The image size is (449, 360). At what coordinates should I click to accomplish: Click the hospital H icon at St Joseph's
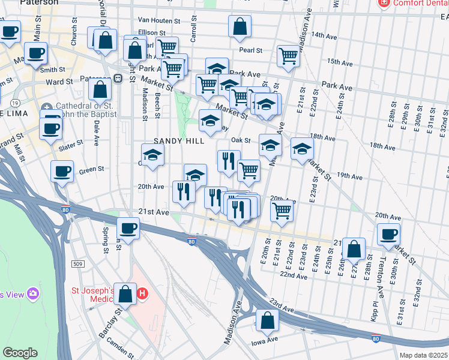tap(142, 294)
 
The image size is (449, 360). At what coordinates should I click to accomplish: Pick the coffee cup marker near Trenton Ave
tap(388, 234)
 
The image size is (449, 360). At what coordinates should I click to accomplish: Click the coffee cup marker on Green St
tap(62, 172)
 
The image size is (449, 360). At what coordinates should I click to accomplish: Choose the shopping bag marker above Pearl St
tap(240, 26)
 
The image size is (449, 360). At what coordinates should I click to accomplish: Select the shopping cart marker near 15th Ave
tap(288, 56)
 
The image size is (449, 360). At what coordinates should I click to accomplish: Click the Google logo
tap(20, 353)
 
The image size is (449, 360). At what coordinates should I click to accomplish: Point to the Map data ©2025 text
tap(424, 355)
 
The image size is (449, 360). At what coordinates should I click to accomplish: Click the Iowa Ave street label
tap(264, 340)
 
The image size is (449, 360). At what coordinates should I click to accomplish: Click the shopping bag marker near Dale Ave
tap(100, 89)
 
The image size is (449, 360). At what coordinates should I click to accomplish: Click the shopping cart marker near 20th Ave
tap(281, 211)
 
